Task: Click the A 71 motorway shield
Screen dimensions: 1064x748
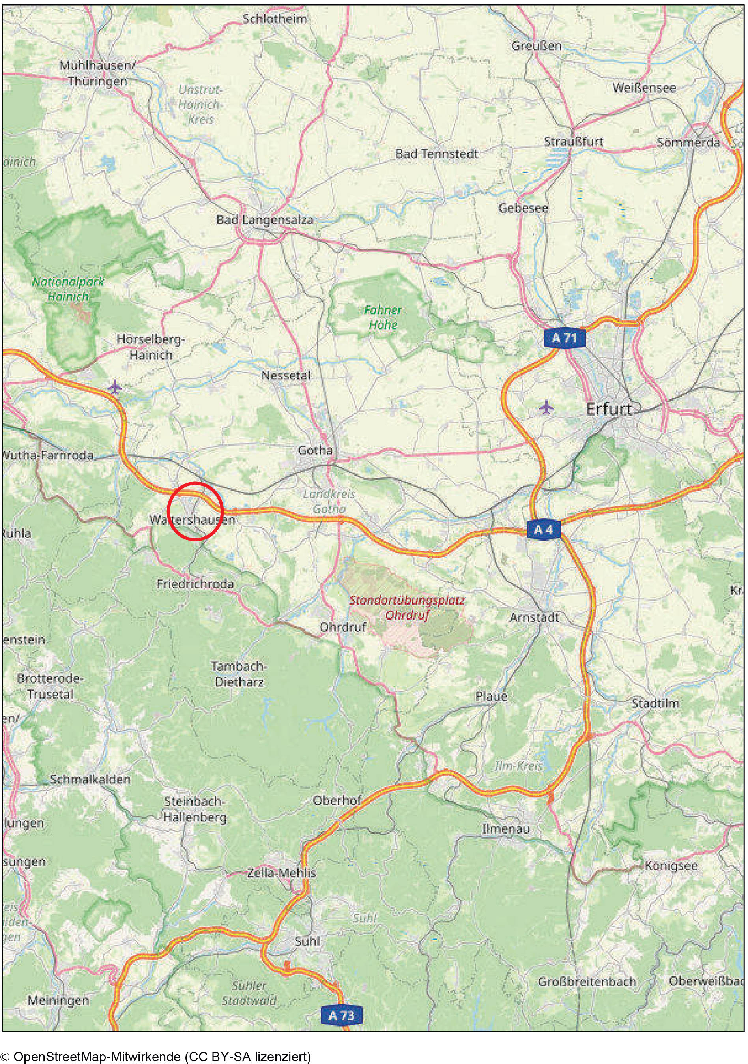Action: tap(564, 338)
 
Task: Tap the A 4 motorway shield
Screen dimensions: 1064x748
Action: tap(543, 529)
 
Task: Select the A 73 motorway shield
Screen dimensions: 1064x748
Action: tap(341, 1016)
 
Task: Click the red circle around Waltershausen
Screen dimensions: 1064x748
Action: tap(195, 511)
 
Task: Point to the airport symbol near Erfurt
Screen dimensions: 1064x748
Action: tap(547, 407)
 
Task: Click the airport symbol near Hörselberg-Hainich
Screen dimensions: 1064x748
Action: tap(115, 386)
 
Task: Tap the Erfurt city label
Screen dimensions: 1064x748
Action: tap(609, 409)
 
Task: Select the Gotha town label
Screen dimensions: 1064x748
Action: tap(315, 450)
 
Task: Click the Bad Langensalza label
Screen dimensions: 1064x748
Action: tap(264, 220)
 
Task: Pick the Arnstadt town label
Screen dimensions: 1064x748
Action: tap(534, 617)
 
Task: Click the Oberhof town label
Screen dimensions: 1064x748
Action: tap(337, 800)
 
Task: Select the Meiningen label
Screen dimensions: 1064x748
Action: tap(58, 1000)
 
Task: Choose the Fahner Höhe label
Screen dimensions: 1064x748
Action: tap(383, 317)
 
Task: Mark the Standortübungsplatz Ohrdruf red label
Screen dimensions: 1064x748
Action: tap(407, 607)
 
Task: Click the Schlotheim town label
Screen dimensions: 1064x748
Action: tap(275, 19)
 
